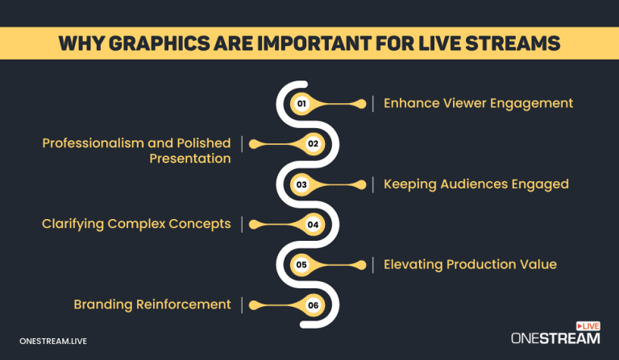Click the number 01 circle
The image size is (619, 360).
[x=302, y=104]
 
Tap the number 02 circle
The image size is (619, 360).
[x=314, y=144]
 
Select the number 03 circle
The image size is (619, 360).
[x=302, y=184]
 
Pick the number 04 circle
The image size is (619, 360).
[x=314, y=225]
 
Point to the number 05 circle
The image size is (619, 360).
[x=302, y=264]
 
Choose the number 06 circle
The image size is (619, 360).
[x=314, y=304]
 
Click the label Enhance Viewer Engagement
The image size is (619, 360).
[x=478, y=103]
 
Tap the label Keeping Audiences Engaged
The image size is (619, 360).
[x=476, y=184]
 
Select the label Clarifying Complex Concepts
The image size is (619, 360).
[x=136, y=224]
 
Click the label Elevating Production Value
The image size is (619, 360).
[x=470, y=264]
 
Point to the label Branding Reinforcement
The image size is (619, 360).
[x=152, y=304]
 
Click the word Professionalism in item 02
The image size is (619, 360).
[x=95, y=143]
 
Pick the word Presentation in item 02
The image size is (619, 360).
[x=190, y=159]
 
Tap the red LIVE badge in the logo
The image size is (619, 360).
[x=589, y=326]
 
